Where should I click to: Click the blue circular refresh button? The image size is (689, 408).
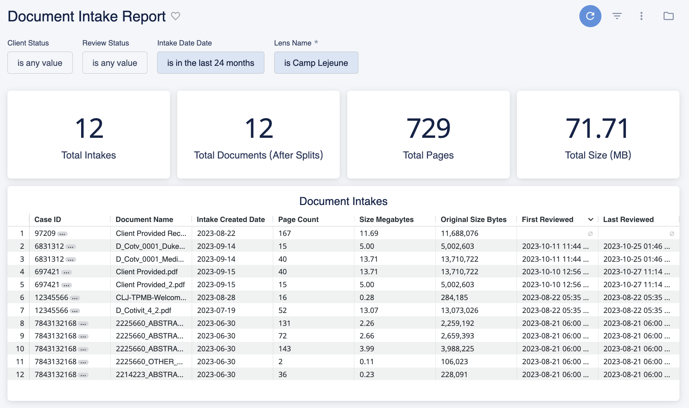tap(590, 16)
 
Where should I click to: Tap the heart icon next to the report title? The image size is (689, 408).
tap(175, 16)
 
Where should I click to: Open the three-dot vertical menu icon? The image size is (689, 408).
tap(641, 16)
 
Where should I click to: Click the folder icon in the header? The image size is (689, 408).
tap(668, 16)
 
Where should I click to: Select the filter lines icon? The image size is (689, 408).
tap(617, 16)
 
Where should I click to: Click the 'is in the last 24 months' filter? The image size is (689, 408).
tap(210, 63)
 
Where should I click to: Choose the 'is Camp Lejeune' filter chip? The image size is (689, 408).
tap(316, 63)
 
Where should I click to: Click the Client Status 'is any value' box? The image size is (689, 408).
tap(40, 63)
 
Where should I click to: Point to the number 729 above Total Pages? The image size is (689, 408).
tap(428, 128)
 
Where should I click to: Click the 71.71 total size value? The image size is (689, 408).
tap(598, 128)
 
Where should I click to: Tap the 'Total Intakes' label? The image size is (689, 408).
tap(89, 155)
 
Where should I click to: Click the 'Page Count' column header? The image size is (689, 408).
tap(298, 220)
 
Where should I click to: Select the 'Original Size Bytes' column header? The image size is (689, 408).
tap(473, 220)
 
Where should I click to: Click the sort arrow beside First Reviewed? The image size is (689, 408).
tap(591, 220)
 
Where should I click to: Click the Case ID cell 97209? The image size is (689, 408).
tap(45, 234)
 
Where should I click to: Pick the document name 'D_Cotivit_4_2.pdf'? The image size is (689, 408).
tap(143, 311)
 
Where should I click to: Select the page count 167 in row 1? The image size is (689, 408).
tap(284, 234)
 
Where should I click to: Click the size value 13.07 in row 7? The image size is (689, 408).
tap(369, 311)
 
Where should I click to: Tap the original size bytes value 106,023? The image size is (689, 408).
tap(454, 362)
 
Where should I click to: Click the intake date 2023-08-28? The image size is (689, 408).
tap(216, 298)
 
